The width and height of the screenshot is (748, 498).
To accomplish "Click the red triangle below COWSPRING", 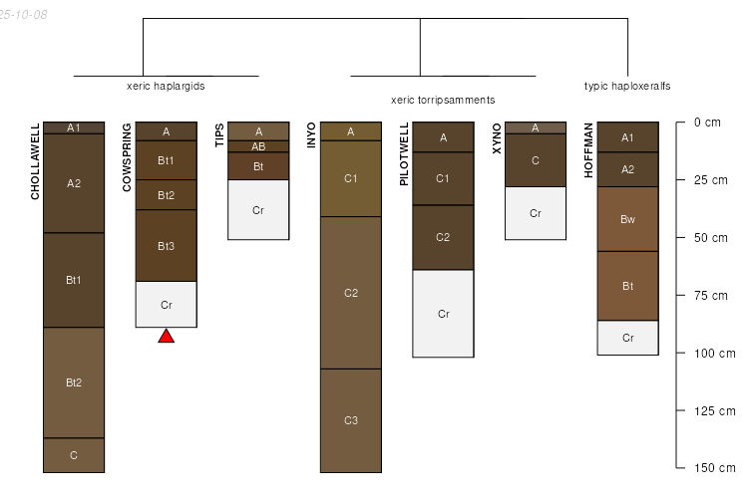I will [167, 336].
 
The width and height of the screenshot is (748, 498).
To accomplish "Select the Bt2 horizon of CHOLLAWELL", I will [74, 382].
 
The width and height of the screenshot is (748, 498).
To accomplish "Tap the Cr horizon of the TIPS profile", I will [258, 210].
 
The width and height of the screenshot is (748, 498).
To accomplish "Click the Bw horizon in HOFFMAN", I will [627, 219].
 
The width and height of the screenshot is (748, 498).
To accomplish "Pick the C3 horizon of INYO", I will [351, 420].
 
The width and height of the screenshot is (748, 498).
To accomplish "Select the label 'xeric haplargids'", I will [166, 86].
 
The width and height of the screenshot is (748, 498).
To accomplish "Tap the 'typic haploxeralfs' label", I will [626, 86].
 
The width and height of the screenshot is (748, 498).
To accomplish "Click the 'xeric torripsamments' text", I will [443, 101].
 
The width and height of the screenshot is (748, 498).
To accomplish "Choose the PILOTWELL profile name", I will [404, 153].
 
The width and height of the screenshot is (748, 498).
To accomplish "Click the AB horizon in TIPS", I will [258, 146].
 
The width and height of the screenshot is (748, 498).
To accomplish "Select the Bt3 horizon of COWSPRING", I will [167, 245].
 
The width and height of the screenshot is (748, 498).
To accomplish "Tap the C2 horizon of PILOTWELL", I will [443, 237].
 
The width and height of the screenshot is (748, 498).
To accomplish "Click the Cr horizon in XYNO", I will [536, 213].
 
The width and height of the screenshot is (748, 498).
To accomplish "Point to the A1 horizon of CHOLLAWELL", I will [74, 126].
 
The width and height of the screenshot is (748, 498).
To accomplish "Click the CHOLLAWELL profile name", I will [35, 162].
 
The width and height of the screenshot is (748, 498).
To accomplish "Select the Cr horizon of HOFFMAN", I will [627, 338].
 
